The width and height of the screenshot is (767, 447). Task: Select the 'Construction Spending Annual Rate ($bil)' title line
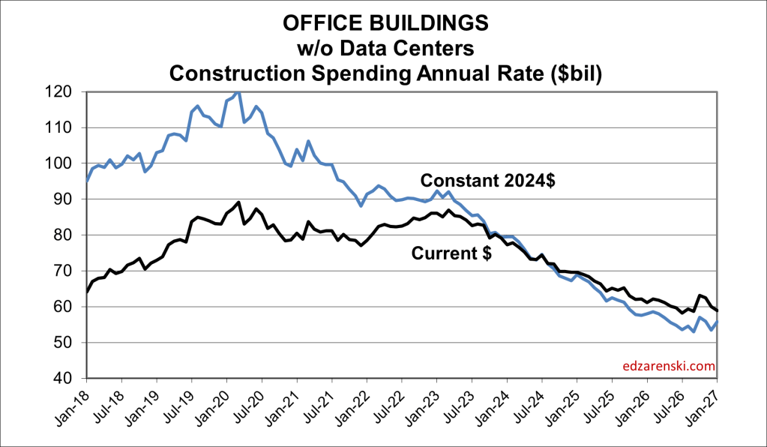click(384, 73)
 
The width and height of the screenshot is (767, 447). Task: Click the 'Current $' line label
click(451, 253)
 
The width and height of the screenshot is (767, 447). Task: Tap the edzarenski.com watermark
click(669, 367)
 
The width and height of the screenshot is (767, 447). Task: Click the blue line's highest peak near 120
click(238, 92)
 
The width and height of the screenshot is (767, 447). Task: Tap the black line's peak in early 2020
click(238, 202)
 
